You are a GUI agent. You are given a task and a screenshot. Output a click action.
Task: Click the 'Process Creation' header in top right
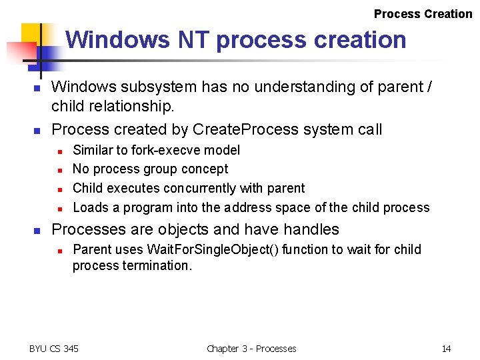pyautogui.click(x=423, y=14)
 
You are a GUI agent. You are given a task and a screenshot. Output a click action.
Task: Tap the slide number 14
pyautogui.click(x=446, y=349)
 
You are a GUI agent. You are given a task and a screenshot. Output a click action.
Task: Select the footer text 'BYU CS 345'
pyautogui.click(x=54, y=349)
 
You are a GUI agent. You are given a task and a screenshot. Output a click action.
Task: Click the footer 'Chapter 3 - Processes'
pyautogui.click(x=251, y=349)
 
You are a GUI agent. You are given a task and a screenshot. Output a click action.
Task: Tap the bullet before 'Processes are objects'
pyautogui.click(x=38, y=231)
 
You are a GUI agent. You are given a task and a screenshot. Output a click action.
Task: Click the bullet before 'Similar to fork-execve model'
pyautogui.click(x=59, y=151)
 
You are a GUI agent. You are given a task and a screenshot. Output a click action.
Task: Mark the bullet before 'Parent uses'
pyautogui.click(x=59, y=251)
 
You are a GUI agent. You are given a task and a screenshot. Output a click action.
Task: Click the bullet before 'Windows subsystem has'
pyautogui.click(x=38, y=88)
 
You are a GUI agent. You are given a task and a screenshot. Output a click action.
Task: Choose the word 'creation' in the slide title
pyautogui.click(x=359, y=40)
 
